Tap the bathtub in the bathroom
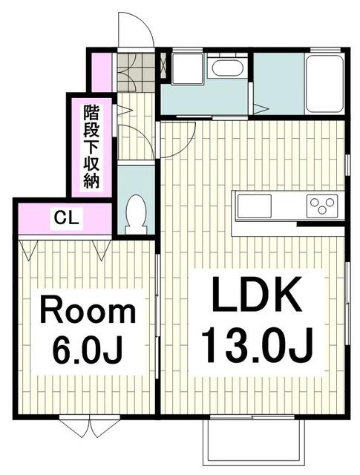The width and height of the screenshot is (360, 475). [x=324, y=83]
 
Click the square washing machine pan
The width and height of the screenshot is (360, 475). [x=186, y=69]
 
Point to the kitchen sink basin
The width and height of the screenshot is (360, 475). [x=254, y=206]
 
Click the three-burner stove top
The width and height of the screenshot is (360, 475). [x=322, y=206]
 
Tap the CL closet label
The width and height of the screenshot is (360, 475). [x=67, y=217]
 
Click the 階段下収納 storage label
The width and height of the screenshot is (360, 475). [x=91, y=147]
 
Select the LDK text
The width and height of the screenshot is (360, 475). [x=257, y=294]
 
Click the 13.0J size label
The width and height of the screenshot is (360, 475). [x=257, y=345]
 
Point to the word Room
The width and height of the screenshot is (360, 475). [x=88, y=309]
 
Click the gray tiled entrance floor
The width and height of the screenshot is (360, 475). [x=135, y=72]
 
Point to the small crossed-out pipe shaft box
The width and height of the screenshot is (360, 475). [x=163, y=66]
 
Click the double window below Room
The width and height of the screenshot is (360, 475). [x=90, y=427]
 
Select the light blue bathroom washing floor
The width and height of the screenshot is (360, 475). [x=279, y=84]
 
